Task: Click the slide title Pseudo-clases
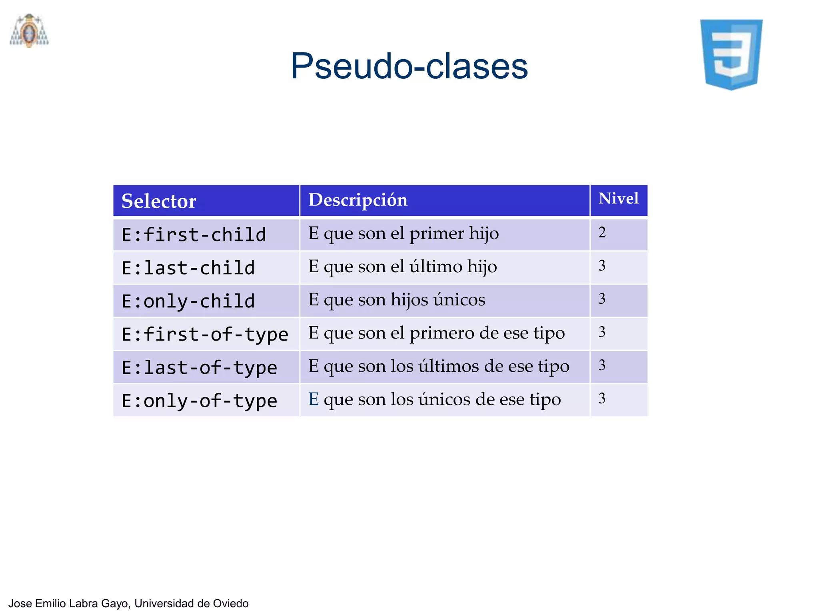[409, 66]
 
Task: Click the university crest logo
[29, 31]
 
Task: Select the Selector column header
[159, 201]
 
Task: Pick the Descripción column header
[358, 200]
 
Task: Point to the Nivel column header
[618, 199]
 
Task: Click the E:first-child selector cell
[194, 235]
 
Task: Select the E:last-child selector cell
[188, 268]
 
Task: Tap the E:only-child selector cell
[188, 301]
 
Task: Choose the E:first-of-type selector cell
[205, 335]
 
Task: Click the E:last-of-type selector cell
[199, 368]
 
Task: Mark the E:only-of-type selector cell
[199, 401]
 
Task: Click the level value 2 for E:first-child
[602, 233]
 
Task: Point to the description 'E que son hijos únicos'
[397, 300]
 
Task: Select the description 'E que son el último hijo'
[403, 267]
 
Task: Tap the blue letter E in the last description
[314, 399]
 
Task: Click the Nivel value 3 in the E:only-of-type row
[602, 399]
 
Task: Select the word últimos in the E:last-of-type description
[449, 366]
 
